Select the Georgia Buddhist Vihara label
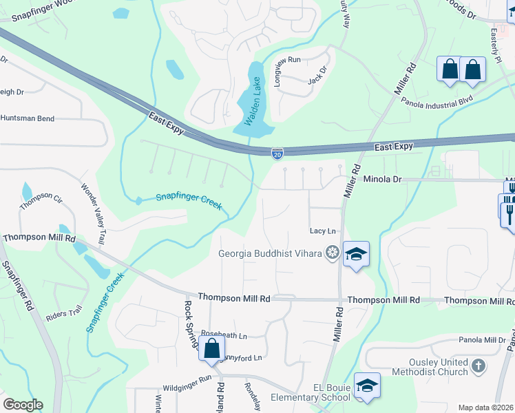tap(271, 253)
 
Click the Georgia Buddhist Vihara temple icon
tap(332, 253)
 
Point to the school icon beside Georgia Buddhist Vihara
tap(356, 255)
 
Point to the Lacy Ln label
tap(323, 231)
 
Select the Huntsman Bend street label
tap(28, 118)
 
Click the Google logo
tap(23, 405)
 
